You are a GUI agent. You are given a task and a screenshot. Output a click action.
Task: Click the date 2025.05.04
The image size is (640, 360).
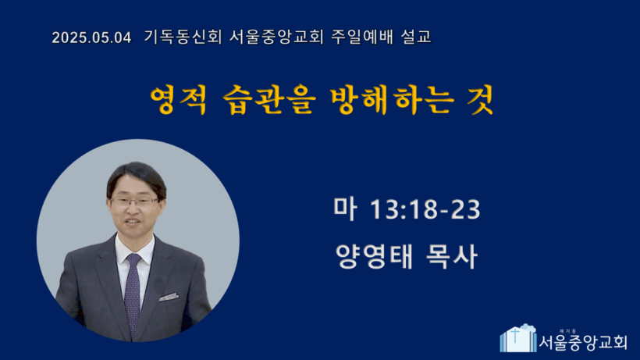tap(91, 37)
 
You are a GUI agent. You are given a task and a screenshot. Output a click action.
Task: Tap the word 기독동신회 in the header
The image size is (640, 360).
tap(183, 37)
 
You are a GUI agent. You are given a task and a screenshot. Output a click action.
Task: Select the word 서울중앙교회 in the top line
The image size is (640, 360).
tap(276, 37)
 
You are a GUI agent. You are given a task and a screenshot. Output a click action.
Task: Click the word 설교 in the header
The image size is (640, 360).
tap(416, 37)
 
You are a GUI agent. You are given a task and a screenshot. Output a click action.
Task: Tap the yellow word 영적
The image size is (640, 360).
tap(179, 100)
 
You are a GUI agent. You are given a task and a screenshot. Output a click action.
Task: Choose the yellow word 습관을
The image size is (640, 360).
tap(269, 100)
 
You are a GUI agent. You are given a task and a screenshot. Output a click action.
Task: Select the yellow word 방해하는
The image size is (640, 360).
tap(392, 100)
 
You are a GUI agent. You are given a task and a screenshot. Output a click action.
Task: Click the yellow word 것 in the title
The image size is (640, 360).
tap(481, 100)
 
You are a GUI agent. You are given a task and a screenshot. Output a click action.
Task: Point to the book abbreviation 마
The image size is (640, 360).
tap(345, 209)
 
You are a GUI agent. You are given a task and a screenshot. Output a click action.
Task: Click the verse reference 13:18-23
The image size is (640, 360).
tap(425, 209)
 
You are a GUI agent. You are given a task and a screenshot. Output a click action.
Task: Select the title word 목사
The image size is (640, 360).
tap(451, 257)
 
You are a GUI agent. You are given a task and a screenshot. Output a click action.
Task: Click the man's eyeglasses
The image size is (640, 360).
tap(135, 201)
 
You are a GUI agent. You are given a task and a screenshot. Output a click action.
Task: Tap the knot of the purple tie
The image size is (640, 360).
tap(133, 258)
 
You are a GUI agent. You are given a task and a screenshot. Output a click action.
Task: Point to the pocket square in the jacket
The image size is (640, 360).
tap(169, 298)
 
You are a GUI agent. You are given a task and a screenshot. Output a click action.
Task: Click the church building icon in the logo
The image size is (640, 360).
tap(518, 338)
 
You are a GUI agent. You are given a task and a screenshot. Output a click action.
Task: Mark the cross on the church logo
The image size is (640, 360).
tap(515, 336)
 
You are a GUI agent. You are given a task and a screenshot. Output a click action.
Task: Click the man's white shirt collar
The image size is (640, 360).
tap(135, 250)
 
